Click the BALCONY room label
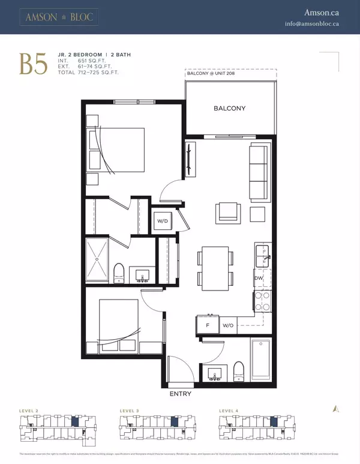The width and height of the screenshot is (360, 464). [x=230, y=109]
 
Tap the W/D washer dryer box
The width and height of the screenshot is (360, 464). [x=163, y=221]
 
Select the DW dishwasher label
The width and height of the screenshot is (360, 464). [x=259, y=278]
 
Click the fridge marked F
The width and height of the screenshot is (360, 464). [x=207, y=325]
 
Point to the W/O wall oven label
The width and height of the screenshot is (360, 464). [x=228, y=325]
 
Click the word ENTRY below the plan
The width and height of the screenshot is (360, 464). [x=181, y=394]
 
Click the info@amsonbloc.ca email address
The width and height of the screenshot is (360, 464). [x=313, y=24]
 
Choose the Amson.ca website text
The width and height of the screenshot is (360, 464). [x=322, y=12]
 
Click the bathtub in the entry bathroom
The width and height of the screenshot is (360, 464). [x=260, y=360]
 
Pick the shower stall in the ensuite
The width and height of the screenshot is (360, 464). [x=97, y=259]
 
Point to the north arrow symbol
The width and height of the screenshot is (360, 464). [x=336, y=408]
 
